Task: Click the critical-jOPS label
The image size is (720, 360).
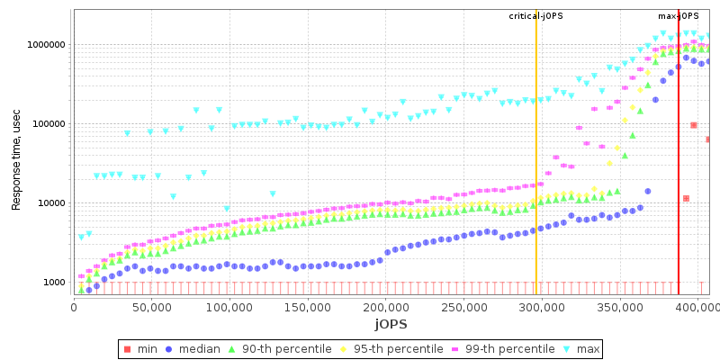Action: point(535,16)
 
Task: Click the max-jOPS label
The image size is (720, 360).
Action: point(679,16)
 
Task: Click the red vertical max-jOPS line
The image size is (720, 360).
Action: point(679,180)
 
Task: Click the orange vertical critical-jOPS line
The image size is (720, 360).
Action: point(536,180)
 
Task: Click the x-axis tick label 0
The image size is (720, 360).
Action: point(74,306)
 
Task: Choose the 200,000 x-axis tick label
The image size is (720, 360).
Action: point(384,306)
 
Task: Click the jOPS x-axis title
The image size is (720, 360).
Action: point(391,323)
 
